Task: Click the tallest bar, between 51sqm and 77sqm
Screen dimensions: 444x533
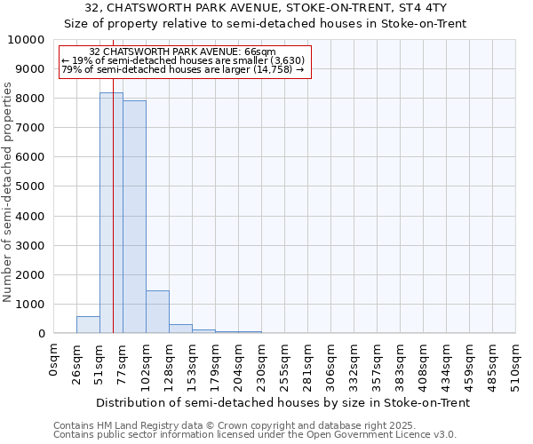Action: (x=111, y=213)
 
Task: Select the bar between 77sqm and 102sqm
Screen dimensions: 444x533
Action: (x=134, y=217)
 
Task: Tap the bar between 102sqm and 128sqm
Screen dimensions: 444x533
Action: (x=157, y=312)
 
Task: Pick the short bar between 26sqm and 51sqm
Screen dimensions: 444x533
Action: (x=88, y=325)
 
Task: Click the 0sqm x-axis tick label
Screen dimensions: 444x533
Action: (x=54, y=360)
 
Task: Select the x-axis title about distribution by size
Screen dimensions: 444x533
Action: (x=282, y=402)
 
